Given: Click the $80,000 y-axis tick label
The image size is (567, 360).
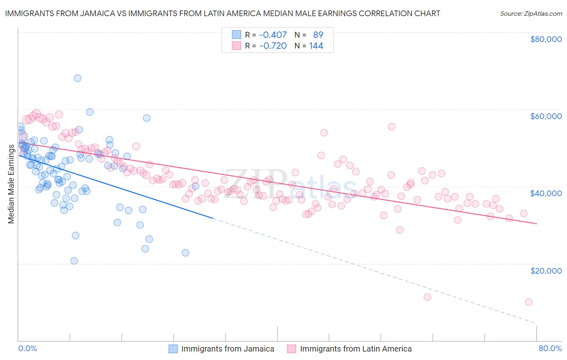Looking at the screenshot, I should click(546, 39).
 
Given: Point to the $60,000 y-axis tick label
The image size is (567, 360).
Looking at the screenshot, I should click(546, 116).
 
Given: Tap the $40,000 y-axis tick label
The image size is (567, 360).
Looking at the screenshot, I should click(546, 193).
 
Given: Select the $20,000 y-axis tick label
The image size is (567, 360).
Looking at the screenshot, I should click(546, 270).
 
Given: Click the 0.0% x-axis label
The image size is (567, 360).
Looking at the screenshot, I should click(27, 348).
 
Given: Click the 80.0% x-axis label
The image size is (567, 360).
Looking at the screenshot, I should click(550, 348).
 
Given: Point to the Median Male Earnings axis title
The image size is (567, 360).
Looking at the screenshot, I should click(11, 184).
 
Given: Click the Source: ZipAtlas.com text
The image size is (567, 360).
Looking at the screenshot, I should click(531, 13).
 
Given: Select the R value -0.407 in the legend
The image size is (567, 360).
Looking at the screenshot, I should click(273, 35).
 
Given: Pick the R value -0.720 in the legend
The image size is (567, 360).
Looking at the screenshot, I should click(273, 46).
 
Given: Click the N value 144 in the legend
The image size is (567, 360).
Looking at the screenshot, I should click(316, 46).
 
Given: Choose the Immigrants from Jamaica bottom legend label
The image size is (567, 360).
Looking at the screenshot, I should click(227, 349).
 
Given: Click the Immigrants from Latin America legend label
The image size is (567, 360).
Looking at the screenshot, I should click(356, 349).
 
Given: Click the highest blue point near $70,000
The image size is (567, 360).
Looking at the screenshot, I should click(77, 78).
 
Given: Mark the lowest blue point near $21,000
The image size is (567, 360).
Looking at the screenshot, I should click(74, 261).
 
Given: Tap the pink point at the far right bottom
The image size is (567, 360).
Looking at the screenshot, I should click(529, 302).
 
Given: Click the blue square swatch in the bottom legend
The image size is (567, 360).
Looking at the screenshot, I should click(173, 349).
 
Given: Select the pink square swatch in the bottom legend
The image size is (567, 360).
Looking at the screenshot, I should click(292, 349).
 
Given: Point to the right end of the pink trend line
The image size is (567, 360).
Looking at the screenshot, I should click(536, 224).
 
